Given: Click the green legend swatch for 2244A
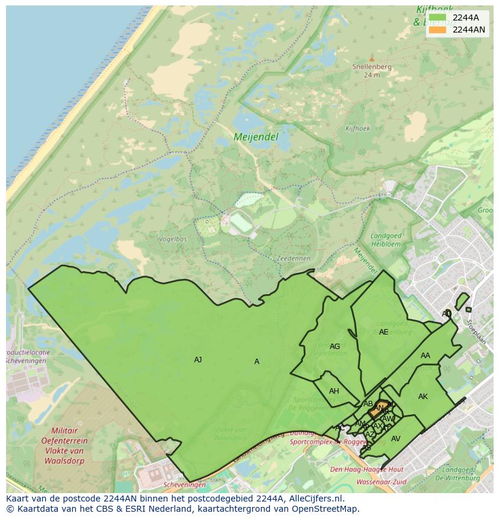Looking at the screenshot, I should click(438, 17).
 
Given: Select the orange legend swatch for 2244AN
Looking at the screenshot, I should click(438, 30).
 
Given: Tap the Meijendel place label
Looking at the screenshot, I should click(256, 137).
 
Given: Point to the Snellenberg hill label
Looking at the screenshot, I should click(372, 67).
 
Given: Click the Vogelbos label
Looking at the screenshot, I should click(172, 239).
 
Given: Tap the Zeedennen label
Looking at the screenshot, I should click(293, 258).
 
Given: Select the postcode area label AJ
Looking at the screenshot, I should click(198, 360).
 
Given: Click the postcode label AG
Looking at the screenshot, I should click(334, 347).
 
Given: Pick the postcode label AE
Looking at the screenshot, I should click(383, 332).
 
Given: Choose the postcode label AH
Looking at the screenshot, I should click(334, 391).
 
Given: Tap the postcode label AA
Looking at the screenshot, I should click(425, 356).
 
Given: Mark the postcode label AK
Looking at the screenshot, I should click(422, 397).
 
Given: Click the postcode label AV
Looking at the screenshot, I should click(395, 439).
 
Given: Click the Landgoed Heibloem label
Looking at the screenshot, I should click(386, 239).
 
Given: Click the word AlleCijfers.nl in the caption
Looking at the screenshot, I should click(314, 499).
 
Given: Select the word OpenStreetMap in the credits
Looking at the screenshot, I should click(324, 509).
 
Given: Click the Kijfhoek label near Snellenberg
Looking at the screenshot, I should click(357, 128).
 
